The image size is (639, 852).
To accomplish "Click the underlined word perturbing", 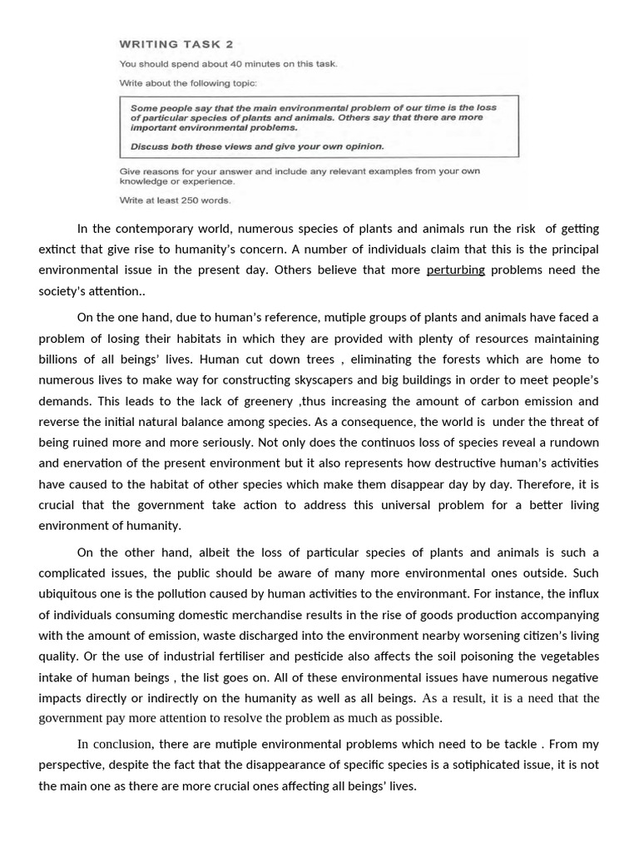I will coord(455,270).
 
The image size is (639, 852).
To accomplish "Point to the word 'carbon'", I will coord(485,401).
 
